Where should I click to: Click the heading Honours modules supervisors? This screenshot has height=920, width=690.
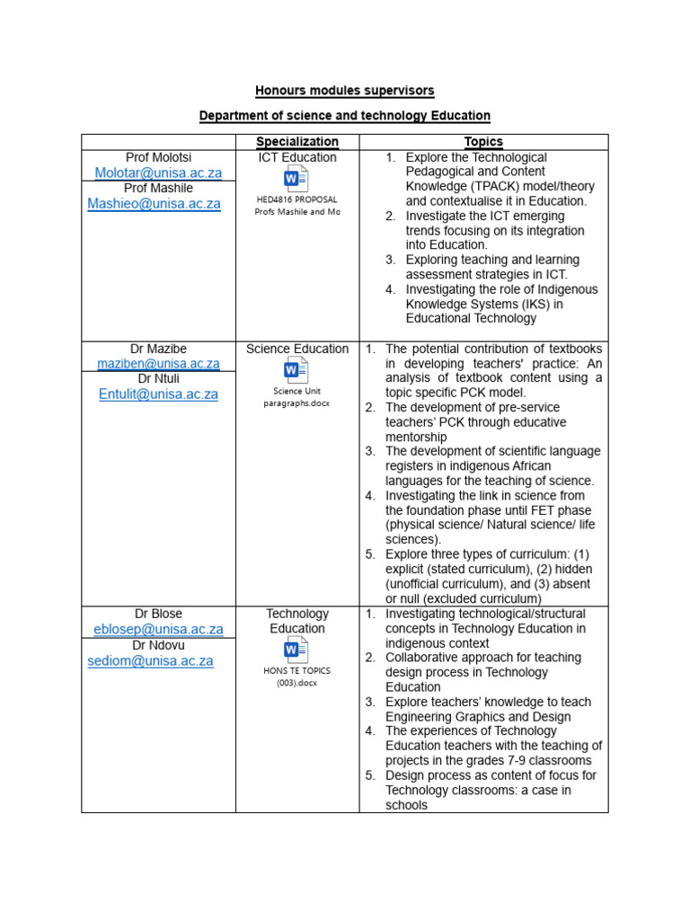(x=344, y=91)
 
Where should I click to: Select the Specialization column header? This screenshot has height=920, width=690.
(x=297, y=142)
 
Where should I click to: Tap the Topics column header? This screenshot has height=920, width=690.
(x=483, y=142)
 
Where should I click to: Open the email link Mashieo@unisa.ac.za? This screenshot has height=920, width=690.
(x=154, y=204)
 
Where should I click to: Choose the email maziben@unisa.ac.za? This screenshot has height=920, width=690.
(x=158, y=364)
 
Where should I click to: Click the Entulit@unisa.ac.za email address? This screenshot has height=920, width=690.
(x=158, y=394)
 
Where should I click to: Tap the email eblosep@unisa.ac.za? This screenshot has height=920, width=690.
(x=158, y=630)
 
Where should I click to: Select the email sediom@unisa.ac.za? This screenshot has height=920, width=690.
(x=150, y=661)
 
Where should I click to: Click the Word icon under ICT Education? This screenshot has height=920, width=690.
(x=296, y=179)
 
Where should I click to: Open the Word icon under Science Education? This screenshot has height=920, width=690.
(x=296, y=370)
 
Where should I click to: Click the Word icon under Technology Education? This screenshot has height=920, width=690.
(x=296, y=650)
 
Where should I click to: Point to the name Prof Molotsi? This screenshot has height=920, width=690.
(x=158, y=157)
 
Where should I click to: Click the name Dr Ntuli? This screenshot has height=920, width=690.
(x=158, y=378)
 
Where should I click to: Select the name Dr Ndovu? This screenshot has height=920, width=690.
(x=158, y=645)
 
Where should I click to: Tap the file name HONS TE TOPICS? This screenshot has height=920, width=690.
(x=296, y=670)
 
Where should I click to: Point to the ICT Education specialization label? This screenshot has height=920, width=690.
(x=297, y=157)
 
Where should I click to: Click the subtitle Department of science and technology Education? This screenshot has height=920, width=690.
(x=344, y=116)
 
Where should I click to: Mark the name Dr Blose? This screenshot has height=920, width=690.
(x=158, y=614)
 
